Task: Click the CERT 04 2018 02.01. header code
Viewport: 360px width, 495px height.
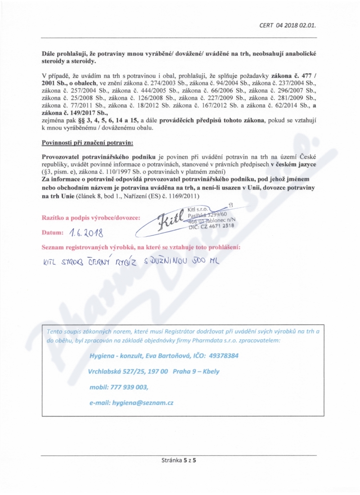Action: pyautogui.click(x=290, y=25)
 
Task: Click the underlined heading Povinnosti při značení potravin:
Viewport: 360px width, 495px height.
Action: pyautogui.click(x=88, y=144)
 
